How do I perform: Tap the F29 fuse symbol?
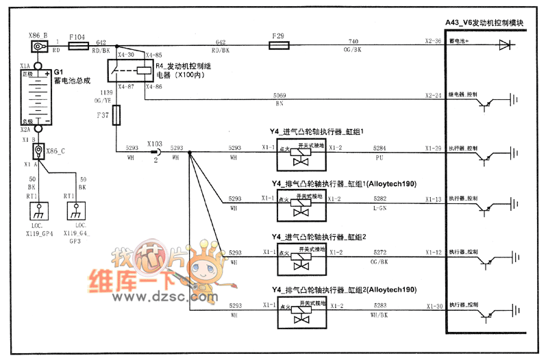[279, 47]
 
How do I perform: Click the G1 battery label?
[59, 71]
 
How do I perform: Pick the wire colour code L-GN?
[379, 206]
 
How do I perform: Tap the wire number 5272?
[379, 253]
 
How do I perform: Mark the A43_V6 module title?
[484, 23]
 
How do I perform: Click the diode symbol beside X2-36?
[506, 46]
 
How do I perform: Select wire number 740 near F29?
[353, 41]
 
